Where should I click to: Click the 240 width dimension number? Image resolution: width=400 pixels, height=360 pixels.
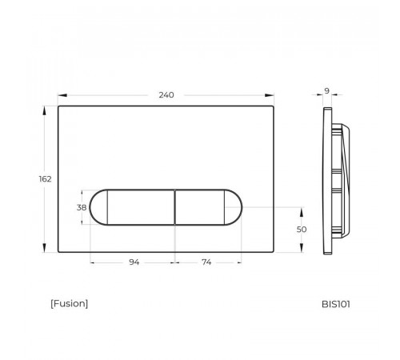(x=166, y=95)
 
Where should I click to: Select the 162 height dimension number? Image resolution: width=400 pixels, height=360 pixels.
(x=45, y=179)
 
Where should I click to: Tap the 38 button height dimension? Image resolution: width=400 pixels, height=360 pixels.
(x=82, y=207)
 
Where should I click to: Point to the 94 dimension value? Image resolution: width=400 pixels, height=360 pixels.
(x=134, y=262)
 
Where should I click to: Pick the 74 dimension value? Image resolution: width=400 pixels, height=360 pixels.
(x=206, y=262)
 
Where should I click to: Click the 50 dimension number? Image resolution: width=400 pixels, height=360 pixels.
(x=302, y=230)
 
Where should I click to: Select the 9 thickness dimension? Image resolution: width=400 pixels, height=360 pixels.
(x=327, y=91)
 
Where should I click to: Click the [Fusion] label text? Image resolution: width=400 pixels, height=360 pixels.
(x=69, y=303)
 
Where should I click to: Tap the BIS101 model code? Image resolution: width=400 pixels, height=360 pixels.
(x=336, y=304)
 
